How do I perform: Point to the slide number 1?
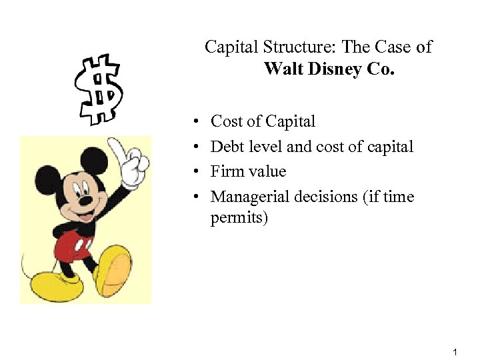click(454, 351)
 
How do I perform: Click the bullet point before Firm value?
click(197, 173)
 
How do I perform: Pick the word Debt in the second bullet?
click(225, 147)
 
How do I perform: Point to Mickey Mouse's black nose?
click(85, 198)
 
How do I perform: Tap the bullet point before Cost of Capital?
click(197, 123)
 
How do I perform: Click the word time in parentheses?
click(399, 197)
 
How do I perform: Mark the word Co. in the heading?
click(380, 69)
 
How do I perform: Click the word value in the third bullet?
click(267, 171)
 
